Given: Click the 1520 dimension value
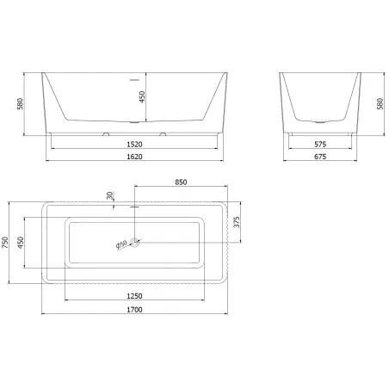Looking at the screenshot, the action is coord(134,145).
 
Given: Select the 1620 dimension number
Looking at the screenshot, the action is coord(134,157).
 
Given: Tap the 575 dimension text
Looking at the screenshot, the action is coord(320,145).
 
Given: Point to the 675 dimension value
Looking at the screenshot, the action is coord(320,157).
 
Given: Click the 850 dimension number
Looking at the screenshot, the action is coord(181,182).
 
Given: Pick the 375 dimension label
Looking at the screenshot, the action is coord(237,222).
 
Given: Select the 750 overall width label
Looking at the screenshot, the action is coord(5,243).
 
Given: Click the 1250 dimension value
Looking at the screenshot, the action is coord(134,296).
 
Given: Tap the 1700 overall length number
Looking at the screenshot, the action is coord(134,310).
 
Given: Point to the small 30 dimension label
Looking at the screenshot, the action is coord(110,195).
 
